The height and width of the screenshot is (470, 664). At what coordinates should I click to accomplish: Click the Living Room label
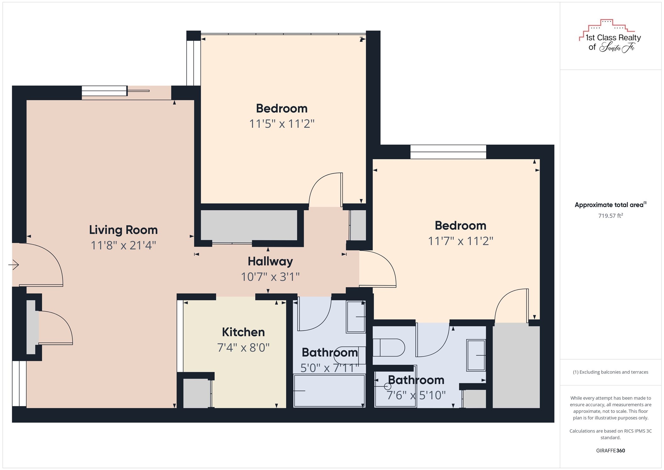123,230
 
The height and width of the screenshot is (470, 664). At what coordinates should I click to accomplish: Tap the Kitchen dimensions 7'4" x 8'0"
243,347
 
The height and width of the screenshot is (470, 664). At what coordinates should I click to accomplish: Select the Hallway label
270,261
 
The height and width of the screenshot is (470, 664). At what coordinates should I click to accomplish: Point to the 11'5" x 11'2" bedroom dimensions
282,123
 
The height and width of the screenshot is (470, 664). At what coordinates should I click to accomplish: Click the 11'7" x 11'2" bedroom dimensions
461,241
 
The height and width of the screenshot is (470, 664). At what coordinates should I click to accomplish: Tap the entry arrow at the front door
14,265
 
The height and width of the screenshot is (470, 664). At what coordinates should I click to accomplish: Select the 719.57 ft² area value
610,216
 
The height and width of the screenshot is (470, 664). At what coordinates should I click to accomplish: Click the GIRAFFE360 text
610,450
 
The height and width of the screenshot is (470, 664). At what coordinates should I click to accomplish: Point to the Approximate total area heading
610,205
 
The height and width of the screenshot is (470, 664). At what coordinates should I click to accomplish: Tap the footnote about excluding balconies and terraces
610,372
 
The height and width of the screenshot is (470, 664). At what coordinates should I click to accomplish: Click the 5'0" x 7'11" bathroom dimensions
330,368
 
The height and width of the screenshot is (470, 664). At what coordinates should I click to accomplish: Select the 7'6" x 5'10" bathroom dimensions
416,395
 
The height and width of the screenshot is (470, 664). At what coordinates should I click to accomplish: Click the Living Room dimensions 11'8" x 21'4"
123,245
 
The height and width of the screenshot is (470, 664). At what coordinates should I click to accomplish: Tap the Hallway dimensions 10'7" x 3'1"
270,277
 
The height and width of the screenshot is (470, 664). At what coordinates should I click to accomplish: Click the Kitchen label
243,332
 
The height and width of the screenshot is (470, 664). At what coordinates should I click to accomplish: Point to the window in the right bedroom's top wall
448,152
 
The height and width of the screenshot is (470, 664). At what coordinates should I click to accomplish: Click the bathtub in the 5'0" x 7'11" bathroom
329,391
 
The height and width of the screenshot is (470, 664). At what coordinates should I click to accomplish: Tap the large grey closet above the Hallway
249,225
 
